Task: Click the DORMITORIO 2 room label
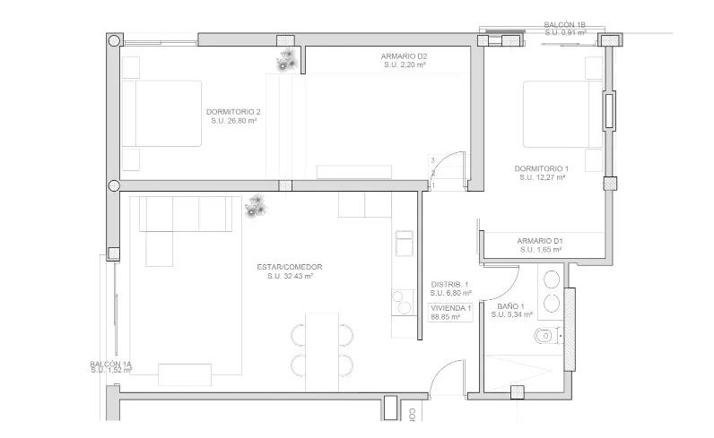(x=232, y=111)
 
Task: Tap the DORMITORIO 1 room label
(x=541, y=168)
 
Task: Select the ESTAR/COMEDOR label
(x=289, y=267)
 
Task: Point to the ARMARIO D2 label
(x=404, y=56)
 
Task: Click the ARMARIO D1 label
(x=539, y=240)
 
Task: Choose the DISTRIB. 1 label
(x=450, y=284)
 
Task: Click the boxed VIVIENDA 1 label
(x=450, y=312)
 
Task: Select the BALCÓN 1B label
(x=565, y=25)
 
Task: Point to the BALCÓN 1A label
(x=110, y=364)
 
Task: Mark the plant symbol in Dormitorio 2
(x=286, y=62)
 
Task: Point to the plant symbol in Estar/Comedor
(x=257, y=206)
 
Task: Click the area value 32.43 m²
(x=289, y=277)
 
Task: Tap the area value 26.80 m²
(x=233, y=121)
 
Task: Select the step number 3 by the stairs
(x=432, y=160)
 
